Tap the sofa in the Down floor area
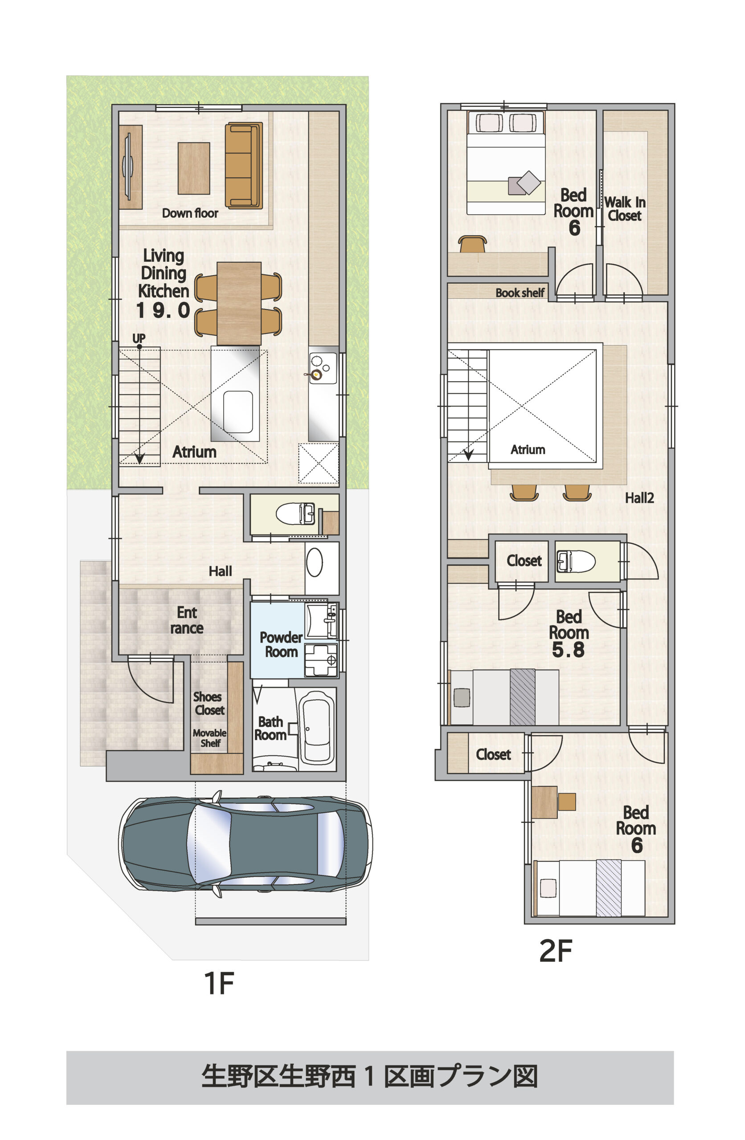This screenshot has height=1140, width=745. [244, 166]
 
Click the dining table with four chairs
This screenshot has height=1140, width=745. [238, 303]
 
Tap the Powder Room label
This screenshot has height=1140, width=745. [281, 644]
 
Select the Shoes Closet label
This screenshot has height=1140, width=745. [209, 703]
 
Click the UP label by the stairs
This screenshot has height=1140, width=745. [139, 338]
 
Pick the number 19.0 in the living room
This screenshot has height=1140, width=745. [163, 310]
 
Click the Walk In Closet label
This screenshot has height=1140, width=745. [624, 209]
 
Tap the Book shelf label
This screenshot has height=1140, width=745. [520, 292]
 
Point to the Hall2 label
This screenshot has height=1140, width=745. [639, 498]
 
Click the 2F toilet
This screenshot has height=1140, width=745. [575, 561]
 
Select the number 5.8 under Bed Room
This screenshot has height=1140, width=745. [568, 650]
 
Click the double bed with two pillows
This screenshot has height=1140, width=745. [506, 163]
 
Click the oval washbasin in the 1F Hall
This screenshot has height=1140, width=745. [315, 562]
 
